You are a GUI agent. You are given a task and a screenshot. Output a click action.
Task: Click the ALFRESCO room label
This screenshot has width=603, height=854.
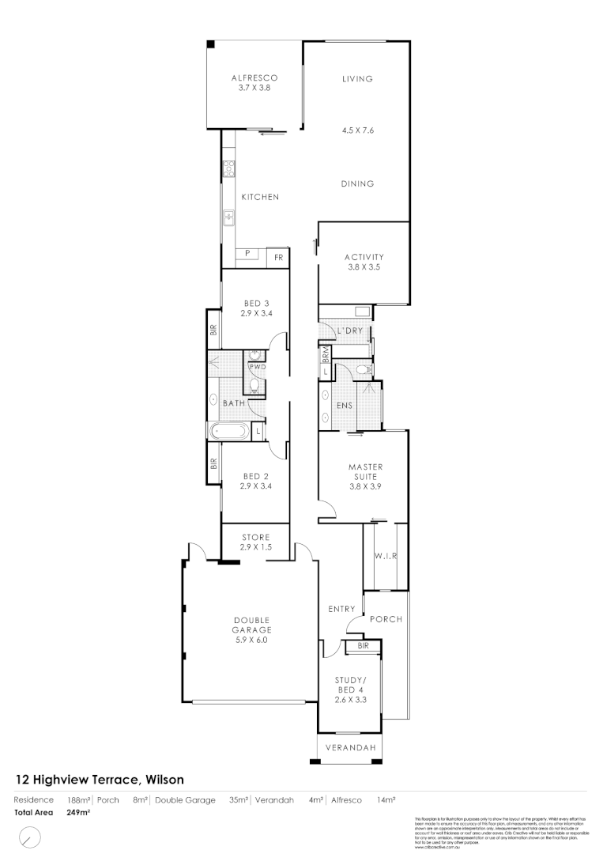click(x=254, y=78)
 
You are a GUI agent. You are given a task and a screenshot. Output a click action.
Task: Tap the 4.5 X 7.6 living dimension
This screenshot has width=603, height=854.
click(x=357, y=131)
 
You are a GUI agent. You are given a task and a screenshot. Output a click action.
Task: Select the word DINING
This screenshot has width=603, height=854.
click(x=357, y=184)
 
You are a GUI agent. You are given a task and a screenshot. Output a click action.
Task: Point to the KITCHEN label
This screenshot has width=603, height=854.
click(x=260, y=197)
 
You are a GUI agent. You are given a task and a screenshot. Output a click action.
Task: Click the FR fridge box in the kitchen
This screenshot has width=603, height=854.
click(x=278, y=258)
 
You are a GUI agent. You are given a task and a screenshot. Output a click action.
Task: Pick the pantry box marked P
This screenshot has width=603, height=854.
click(x=247, y=253)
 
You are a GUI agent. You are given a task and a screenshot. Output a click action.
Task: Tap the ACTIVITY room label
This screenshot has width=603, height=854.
click(x=364, y=257)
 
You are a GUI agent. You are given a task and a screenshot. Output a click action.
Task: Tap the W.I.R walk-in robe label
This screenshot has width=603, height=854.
click(x=385, y=556)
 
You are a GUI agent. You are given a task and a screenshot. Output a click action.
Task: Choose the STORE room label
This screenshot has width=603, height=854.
click(x=256, y=538)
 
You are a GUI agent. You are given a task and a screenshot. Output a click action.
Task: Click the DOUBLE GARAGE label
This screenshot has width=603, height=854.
click(x=251, y=625)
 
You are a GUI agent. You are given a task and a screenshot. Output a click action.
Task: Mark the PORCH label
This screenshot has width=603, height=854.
click(x=386, y=619)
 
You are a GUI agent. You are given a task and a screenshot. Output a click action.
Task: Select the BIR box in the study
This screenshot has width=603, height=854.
click(x=363, y=646)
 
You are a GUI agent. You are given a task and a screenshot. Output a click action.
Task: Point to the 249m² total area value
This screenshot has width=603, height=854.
click(x=78, y=812)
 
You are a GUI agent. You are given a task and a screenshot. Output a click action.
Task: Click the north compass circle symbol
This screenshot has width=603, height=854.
click(x=29, y=837)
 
